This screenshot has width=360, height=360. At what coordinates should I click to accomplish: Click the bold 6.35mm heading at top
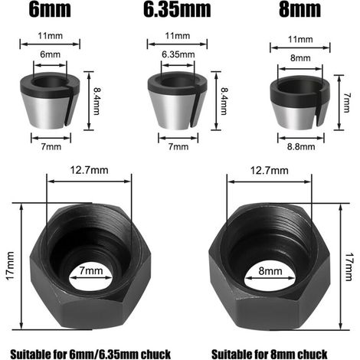tap(177, 9)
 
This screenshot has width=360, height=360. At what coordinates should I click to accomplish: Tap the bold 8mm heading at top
tap(299, 9)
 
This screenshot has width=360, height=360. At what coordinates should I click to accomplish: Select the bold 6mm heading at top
tap(50, 9)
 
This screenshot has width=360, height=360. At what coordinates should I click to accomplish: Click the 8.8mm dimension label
tap(301, 147)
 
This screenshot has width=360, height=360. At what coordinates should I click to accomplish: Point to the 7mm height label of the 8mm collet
tap(346, 103)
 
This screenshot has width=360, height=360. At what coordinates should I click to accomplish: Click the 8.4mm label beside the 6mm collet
tap(97, 101)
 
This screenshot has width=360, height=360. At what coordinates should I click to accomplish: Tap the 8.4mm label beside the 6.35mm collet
tap(224, 101)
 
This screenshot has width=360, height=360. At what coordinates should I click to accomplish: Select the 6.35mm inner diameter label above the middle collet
tap(178, 54)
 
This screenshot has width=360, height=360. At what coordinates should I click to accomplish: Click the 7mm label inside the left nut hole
tap(91, 270)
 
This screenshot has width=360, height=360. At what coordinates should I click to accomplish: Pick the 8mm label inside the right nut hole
tap(270, 271)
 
